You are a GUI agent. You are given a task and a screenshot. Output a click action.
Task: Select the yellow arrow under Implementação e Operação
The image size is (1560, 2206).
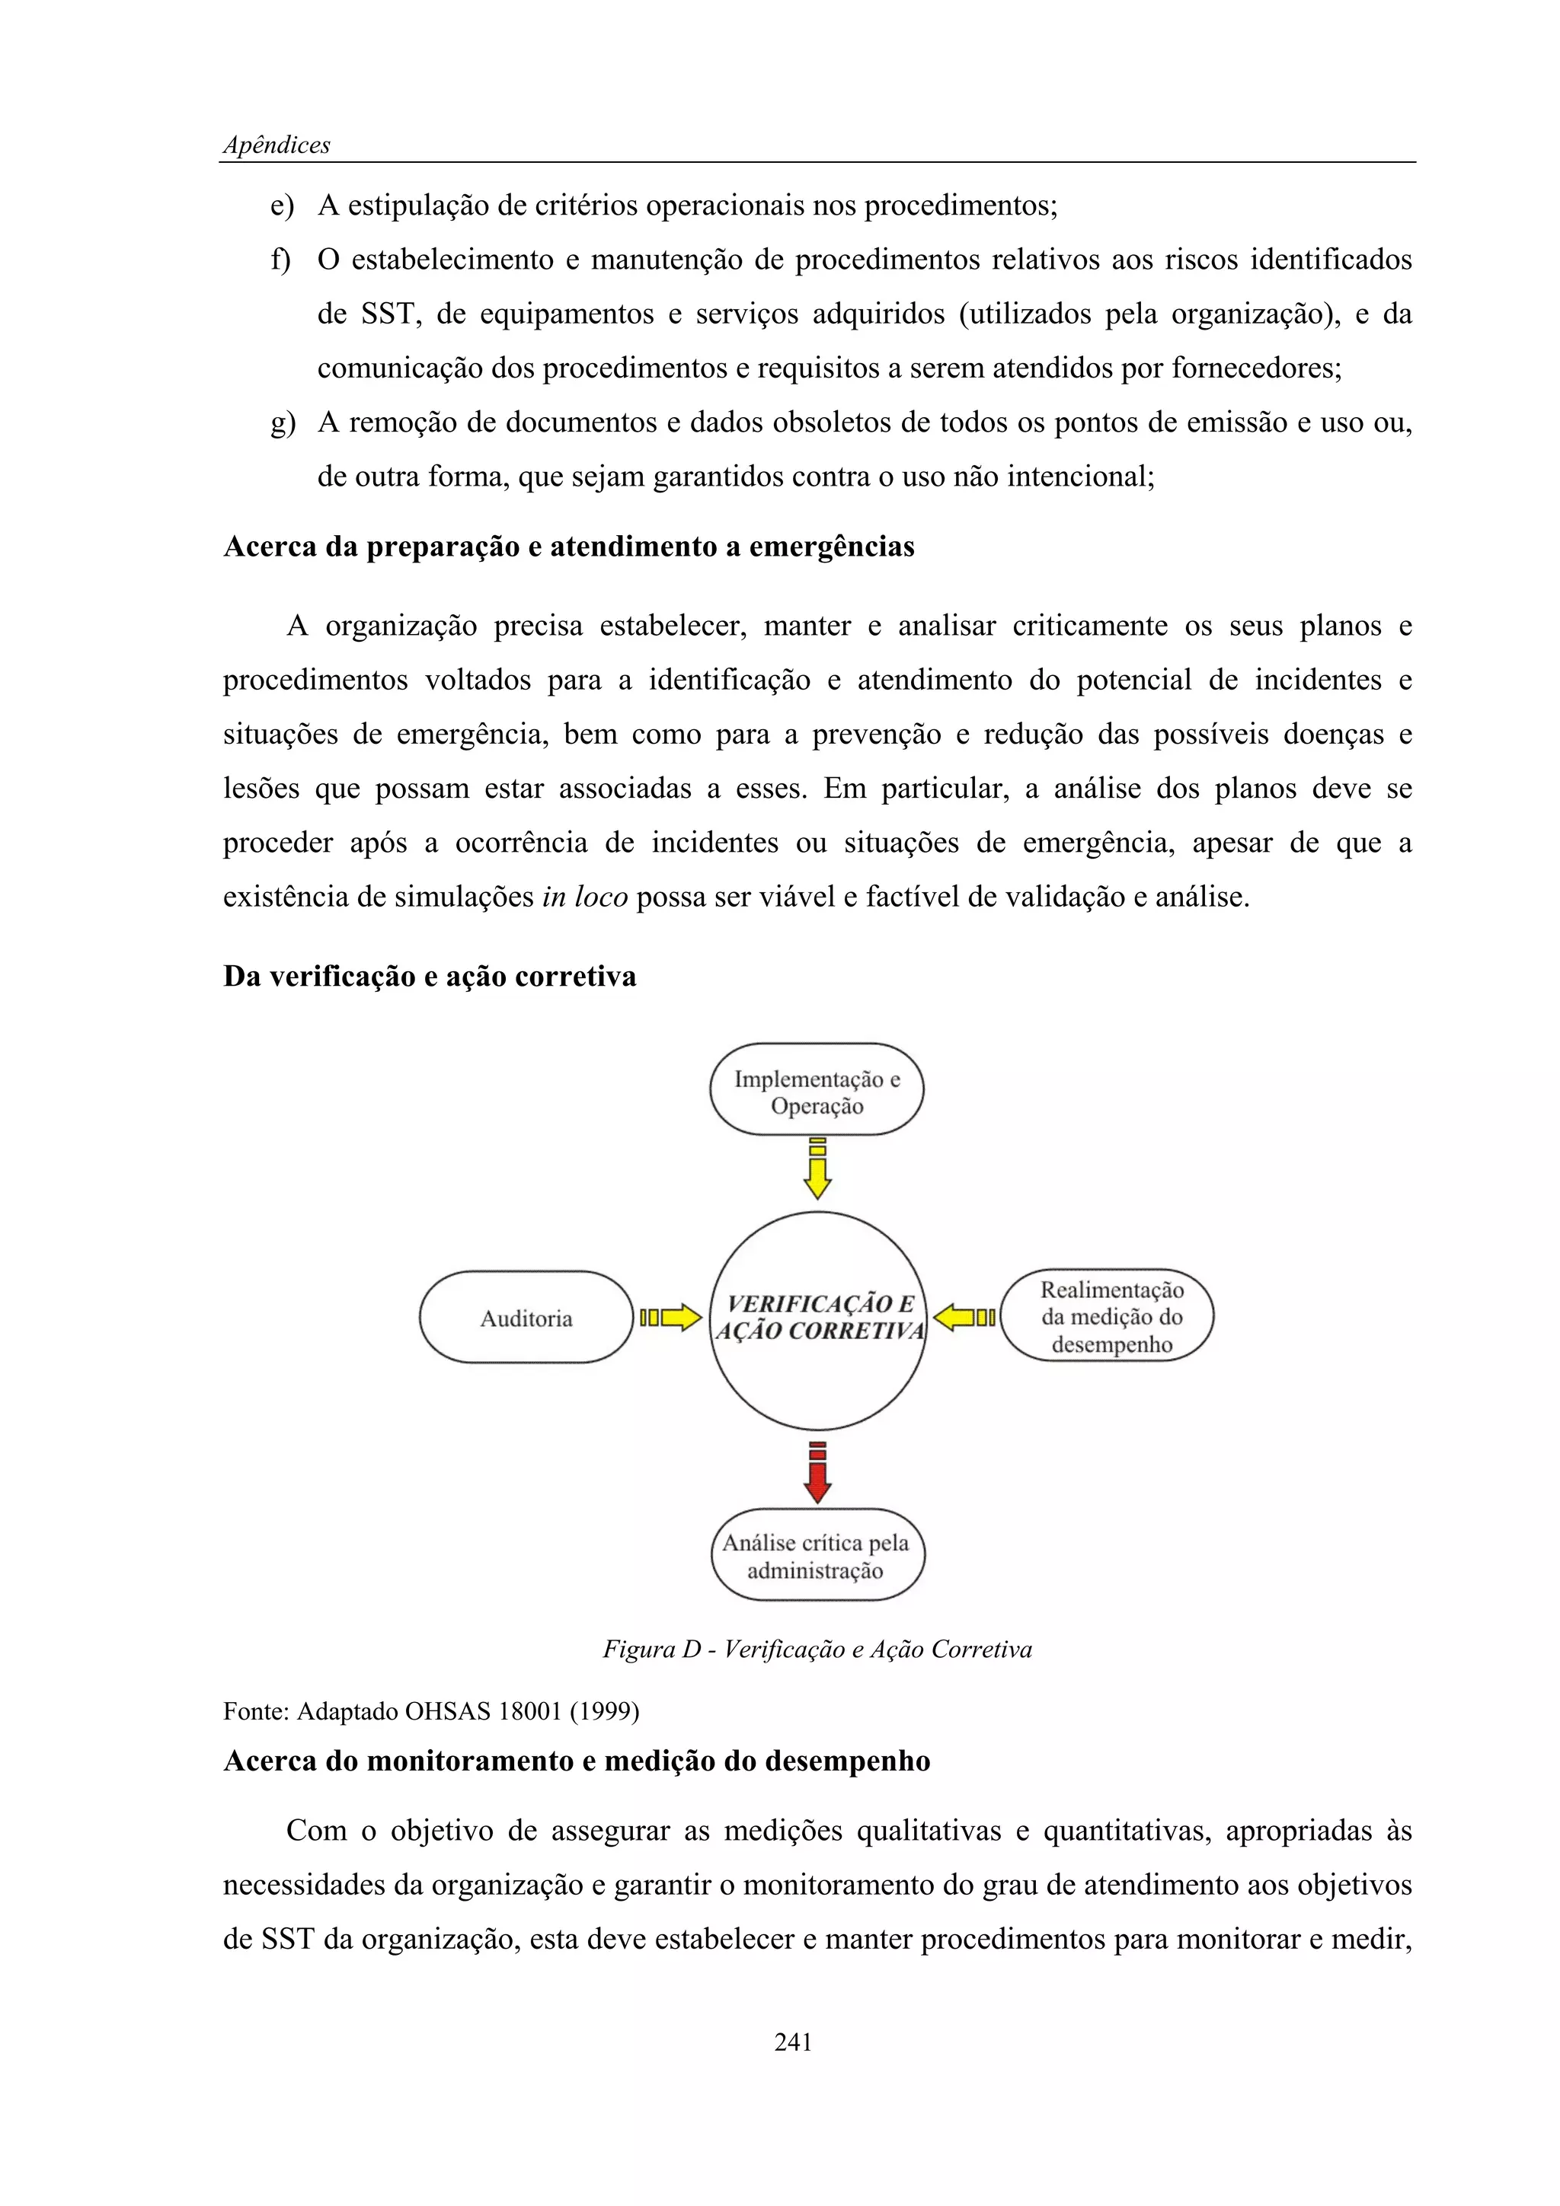click(817, 1169)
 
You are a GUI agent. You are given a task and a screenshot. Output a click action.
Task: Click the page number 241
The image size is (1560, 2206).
click(793, 2042)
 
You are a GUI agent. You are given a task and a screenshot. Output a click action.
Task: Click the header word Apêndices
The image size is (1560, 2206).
click(277, 145)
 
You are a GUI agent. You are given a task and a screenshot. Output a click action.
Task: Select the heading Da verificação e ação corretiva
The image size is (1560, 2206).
click(430, 976)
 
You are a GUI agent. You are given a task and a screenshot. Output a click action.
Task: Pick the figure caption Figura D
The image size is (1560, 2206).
click(817, 1650)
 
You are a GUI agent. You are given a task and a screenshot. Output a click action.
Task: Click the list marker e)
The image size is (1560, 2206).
click(282, 206)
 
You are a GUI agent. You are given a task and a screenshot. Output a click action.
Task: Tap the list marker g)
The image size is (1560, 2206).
click(283, 422)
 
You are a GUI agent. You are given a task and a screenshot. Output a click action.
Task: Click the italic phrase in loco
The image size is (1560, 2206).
click(584, 897)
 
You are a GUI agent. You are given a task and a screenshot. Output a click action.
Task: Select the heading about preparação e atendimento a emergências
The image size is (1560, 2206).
click(569, 547)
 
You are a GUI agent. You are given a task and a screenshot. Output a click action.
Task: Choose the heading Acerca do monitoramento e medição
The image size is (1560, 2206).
click(577, 1761)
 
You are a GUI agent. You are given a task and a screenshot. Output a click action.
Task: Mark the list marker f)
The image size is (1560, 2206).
click(280, 260)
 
